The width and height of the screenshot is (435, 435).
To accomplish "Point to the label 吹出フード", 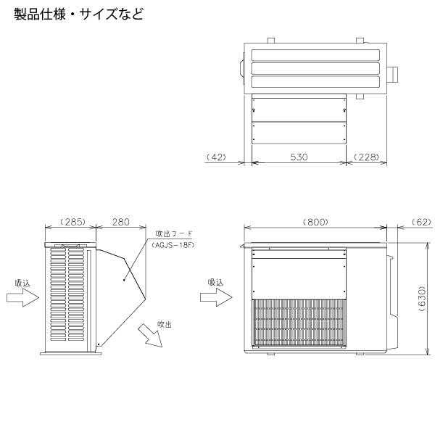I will [172, 235].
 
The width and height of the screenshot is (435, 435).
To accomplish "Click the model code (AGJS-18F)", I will [174, 245].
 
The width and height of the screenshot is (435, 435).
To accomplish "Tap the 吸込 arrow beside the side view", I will [28, 297].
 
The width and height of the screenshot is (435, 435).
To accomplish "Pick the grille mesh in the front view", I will [298, 321].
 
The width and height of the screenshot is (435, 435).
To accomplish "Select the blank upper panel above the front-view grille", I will [298, 273].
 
